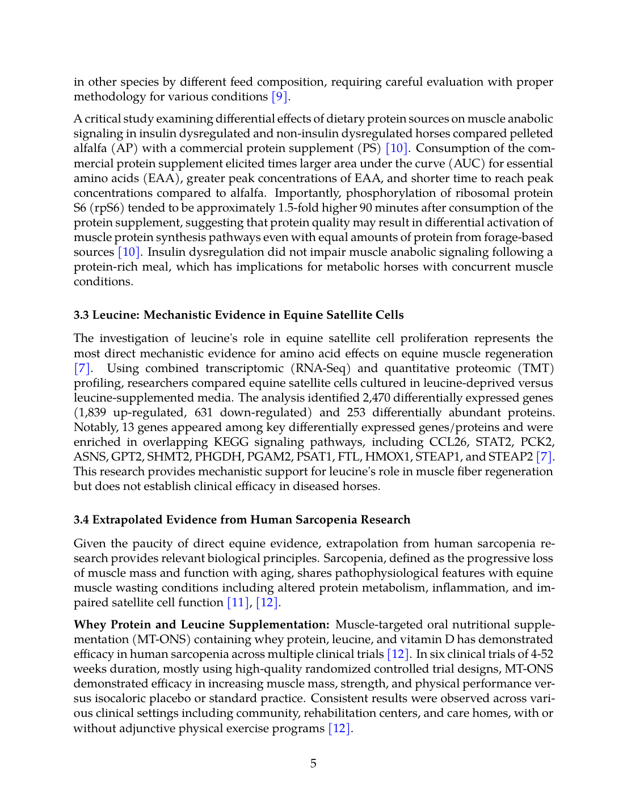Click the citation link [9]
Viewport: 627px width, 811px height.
pyautogui.click(x=280, y=97)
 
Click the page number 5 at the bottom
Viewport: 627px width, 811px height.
pyautogui.click(x=313, y=763)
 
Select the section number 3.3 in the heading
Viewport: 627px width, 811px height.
pyautogui.click(x=81, y=315)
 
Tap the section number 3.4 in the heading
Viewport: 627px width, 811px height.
pyautogui.click(x=81, y=520)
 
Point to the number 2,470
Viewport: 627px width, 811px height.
pyautogui.click(x=378, y=398)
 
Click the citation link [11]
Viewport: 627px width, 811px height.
pyautogui.click(x=238, y=603)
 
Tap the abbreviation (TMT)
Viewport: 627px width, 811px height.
pyautogui.click(x=536, y=369)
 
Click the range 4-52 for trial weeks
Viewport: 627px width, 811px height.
pyautogui.click(x=540, y=654)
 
